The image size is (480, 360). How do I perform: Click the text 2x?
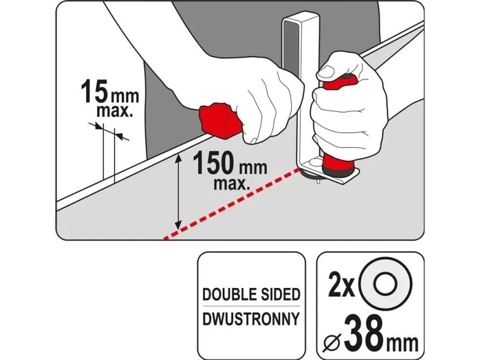click(x=340, y=286)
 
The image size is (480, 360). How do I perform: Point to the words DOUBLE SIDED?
click(x=251, y=295)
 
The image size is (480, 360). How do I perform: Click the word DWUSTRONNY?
click(x=251, y=319)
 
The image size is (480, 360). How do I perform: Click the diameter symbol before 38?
click(x=333, y=342)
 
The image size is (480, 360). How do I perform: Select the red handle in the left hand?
click(x=220, y=121)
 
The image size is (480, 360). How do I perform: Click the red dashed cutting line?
click(x=232, y=202)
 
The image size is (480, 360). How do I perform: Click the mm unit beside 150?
click(x=252, y=168)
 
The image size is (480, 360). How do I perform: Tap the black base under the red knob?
click(x=340, y=174)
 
